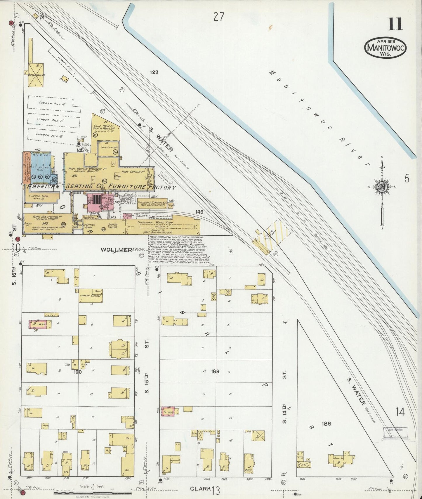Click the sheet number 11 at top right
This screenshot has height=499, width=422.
tap(395, 24)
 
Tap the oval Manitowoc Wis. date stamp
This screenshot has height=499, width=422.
tap(385, 48)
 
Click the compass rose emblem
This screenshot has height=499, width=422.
tap(382, 187)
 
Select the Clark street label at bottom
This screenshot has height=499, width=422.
tap(200, 488)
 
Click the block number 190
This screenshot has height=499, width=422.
tap(78, 372)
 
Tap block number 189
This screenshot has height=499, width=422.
tap(216, 371)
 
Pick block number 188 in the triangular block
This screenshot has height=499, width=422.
tap(326, 423)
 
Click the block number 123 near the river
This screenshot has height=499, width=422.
tap(154, 72)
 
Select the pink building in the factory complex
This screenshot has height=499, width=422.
tap(95, 202)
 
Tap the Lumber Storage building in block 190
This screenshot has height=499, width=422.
tap(91, 296)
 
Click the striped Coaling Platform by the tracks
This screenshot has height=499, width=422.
tap(272, 237)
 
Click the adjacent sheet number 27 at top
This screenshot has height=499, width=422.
tap(218, 17)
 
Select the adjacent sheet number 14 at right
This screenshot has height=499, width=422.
tap(400, 412)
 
